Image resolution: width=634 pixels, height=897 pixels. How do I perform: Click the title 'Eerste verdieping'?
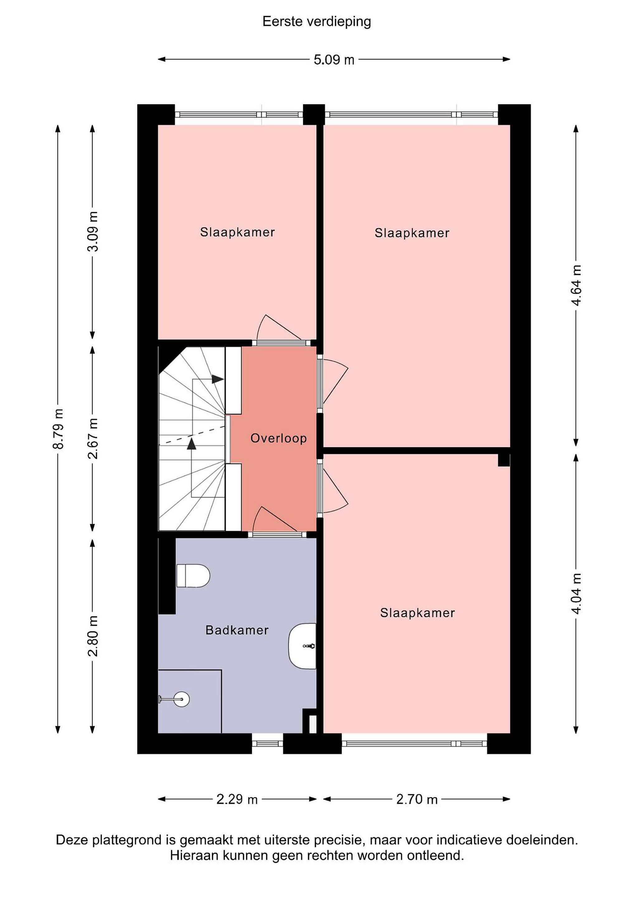point(317,21)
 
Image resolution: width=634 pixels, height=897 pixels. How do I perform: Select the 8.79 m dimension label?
point(59,429)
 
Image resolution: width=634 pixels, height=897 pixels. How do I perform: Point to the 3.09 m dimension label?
point(93,231)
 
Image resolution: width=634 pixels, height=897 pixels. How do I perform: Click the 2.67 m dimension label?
point(93,438)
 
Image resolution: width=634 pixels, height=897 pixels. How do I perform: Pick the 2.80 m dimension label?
point(93,636)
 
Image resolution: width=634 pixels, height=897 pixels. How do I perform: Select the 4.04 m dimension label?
point(576,593)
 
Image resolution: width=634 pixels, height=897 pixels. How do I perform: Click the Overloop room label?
point(278,438)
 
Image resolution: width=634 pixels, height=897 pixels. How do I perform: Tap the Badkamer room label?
point(237,630)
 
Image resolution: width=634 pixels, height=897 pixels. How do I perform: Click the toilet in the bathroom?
point(193,576)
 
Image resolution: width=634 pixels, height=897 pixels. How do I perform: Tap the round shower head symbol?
point(181,699)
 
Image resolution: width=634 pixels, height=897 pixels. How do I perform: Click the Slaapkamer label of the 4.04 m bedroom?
point(417,613)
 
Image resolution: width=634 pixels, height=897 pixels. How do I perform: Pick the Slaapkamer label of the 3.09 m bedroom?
point(237,232)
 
